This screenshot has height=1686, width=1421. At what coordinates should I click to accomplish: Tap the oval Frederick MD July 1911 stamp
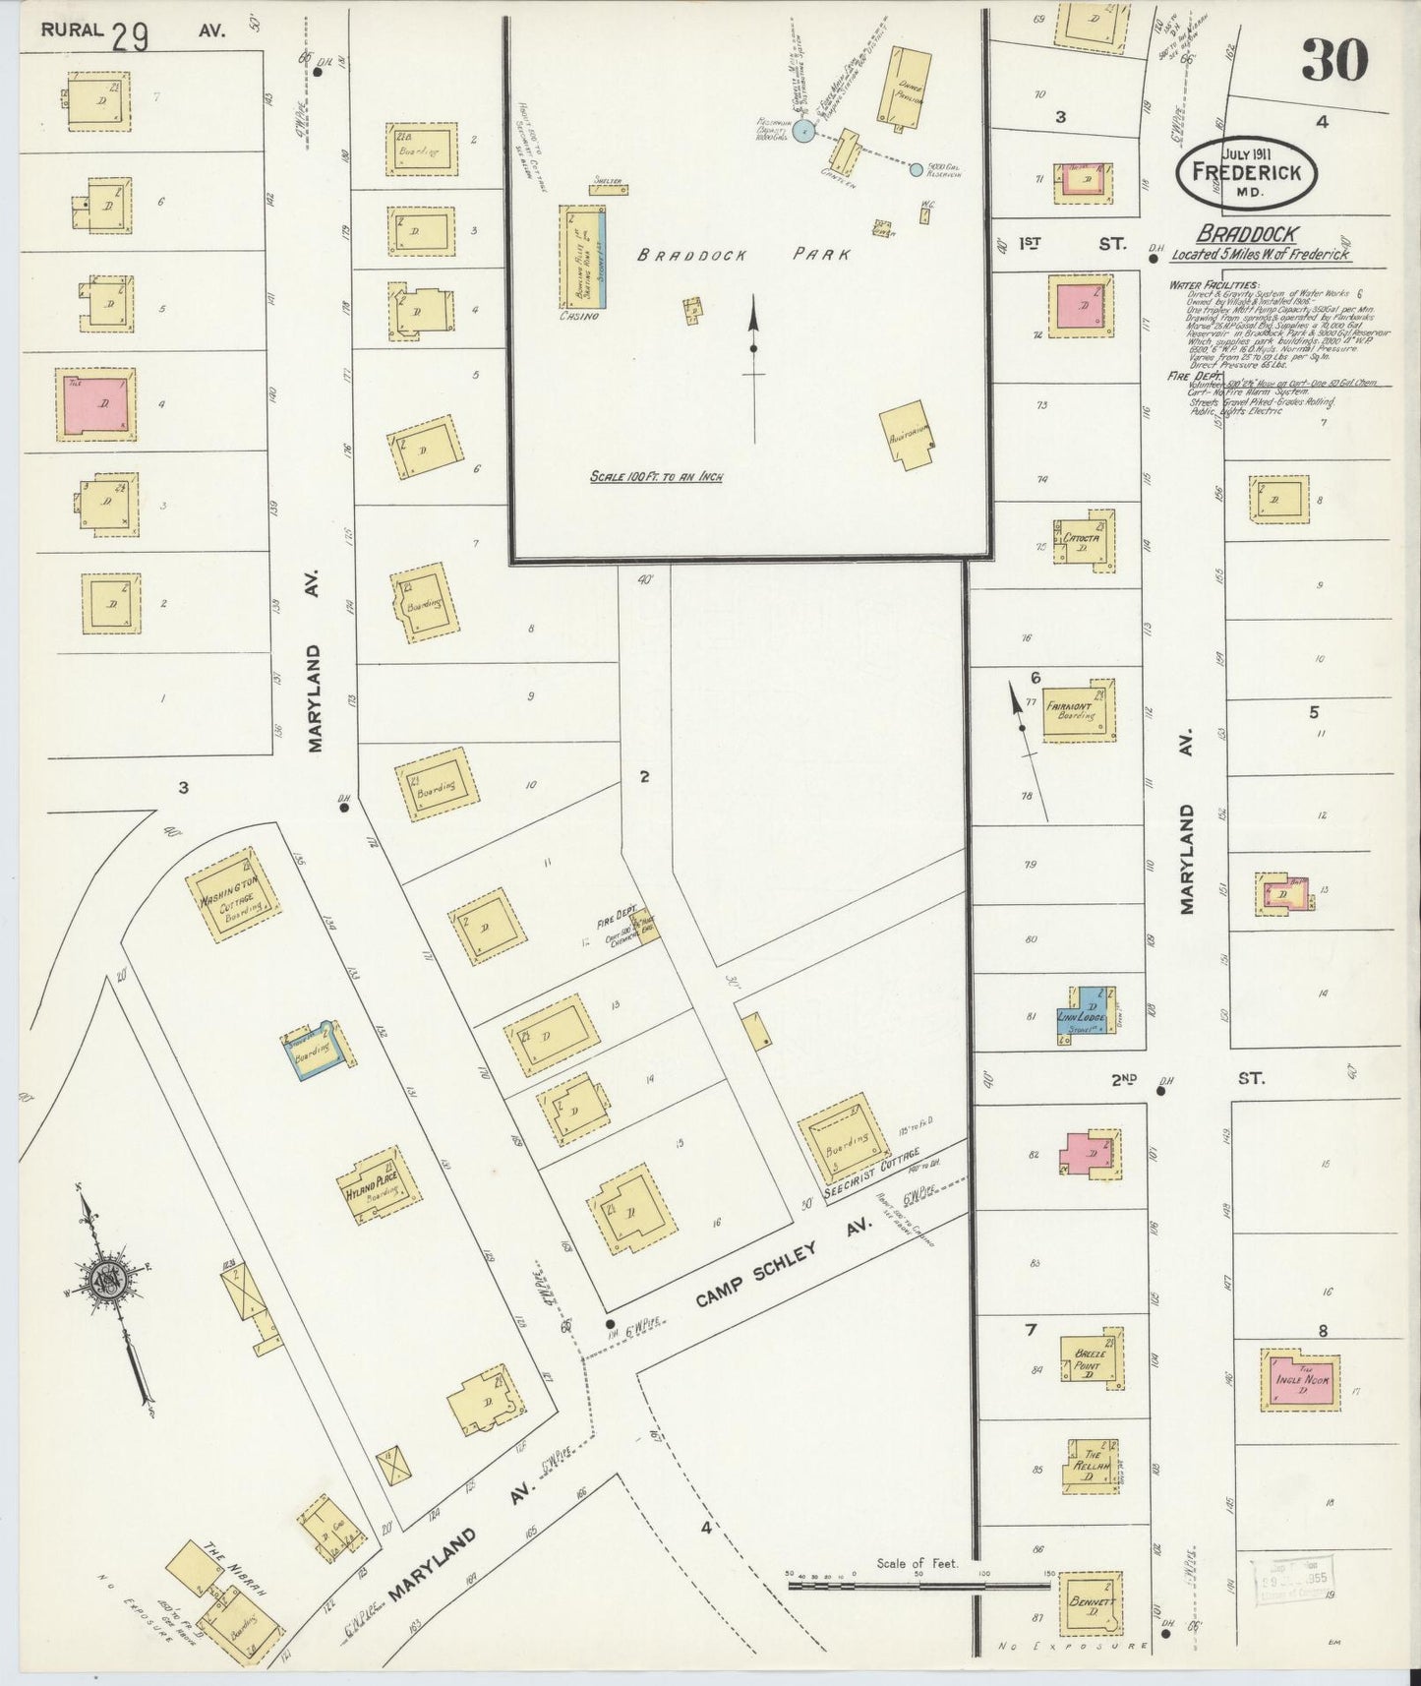coord(1246,172)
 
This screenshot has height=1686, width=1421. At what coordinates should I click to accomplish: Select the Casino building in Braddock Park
coord(582,257)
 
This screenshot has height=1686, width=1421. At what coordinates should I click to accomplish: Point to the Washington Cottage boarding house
coord(234,895)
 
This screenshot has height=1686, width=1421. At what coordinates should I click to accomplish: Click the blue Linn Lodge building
coord(1085,1013)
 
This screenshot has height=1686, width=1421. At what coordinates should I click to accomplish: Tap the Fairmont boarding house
coord(1078,709)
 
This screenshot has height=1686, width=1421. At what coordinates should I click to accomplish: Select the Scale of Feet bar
coord(918,1584)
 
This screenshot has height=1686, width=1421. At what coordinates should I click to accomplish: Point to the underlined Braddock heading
coord(1247,234)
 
